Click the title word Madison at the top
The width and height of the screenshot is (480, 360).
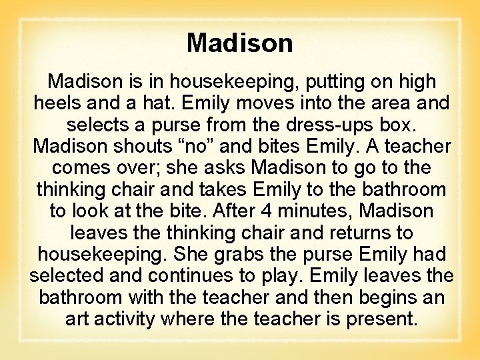pos(239,43)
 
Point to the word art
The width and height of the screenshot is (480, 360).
pos(78,319)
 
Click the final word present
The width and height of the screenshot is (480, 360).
pos(381,319)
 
